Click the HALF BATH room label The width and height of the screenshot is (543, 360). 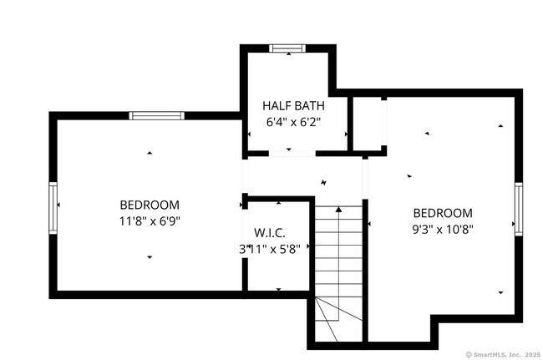point(293,106)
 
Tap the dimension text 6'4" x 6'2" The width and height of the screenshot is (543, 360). point(293,122)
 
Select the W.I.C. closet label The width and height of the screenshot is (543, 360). point(271,231)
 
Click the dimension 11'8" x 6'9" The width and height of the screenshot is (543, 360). point(150,221)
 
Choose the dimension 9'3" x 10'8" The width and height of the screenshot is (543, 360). point(442,228)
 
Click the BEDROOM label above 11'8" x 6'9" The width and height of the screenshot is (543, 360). point(150,205)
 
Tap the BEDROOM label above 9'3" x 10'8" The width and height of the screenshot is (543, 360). point(442,213)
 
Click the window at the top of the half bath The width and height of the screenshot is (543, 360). point(289,48)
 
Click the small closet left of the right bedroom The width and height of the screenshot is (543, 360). point(367,124)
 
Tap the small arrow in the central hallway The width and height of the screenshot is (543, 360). point(325,181)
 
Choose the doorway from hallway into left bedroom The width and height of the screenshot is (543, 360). point(244,176)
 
